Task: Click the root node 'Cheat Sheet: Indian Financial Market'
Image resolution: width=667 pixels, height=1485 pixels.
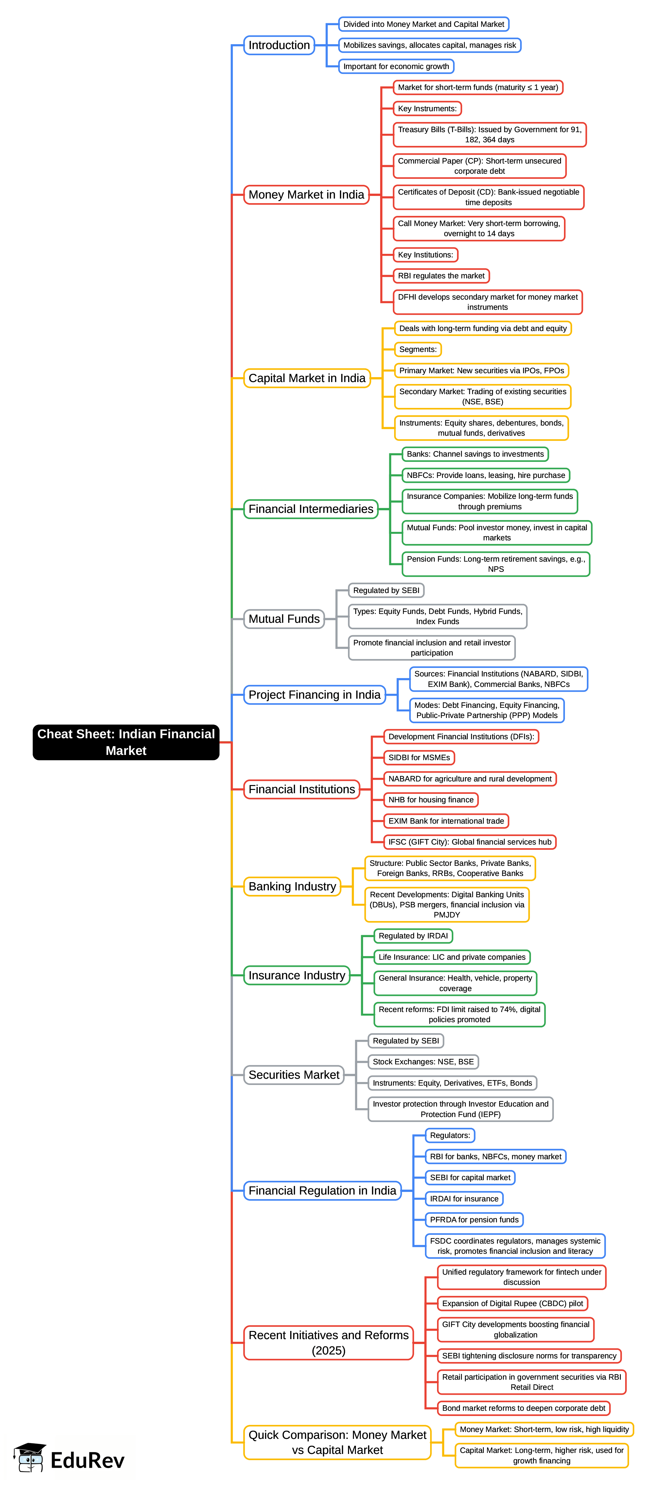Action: tap(126, 742)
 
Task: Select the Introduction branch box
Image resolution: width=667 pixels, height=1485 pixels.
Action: tap(279, 45)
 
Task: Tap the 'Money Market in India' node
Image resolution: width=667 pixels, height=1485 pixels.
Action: tap(306, 195)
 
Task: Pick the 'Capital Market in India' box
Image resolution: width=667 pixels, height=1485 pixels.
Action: tap(307, 378)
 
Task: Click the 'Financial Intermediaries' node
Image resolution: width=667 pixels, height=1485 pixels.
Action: tap(311, 509)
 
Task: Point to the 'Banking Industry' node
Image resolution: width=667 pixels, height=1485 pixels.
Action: tap(292, 887)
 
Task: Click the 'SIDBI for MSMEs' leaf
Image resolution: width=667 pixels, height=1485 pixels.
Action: tap(419, 758)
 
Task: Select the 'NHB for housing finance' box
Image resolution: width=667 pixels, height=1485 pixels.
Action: tap(430, 799)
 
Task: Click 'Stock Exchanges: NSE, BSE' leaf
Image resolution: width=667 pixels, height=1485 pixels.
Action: tap(423, 1062)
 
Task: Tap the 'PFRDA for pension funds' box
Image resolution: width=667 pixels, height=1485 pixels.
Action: tap(474, 1220)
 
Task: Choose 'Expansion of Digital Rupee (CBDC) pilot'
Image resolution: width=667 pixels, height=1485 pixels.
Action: tap(513, 1303)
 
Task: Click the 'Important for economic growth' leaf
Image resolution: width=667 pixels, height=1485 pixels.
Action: tap(396, 66)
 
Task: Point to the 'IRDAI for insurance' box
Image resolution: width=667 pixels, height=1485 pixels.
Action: tap(464, 1198)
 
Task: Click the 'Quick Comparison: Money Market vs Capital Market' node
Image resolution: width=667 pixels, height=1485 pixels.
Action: tap(337, 1442)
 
